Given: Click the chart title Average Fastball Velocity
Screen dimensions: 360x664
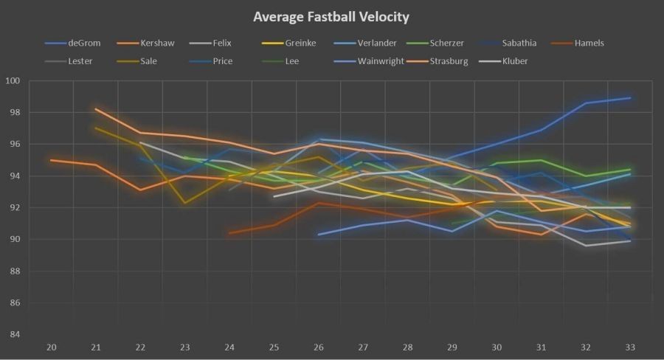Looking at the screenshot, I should [x=331, y=16].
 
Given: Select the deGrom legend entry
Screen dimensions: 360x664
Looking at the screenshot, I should [x=83, y=43].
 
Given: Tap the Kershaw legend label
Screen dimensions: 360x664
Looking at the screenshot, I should [x=157, y=43].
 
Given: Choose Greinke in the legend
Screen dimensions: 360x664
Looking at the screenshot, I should [x=300, y=43].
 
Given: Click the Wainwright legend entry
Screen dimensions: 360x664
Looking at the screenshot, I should [x=378, y=61].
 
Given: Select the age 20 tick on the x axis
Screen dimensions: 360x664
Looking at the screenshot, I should [x=51, y=347].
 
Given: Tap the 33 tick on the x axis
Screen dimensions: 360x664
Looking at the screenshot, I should [x=629, y=347].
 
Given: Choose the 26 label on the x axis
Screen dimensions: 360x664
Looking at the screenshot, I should [x=318, y=347].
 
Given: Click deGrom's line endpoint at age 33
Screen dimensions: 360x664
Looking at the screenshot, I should [x=629, y=98].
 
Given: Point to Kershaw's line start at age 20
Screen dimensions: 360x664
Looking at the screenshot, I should [x=51, y=160].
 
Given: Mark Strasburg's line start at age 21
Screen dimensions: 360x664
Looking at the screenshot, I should [x=96, y=109].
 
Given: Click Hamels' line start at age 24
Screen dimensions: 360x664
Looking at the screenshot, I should [x=229, y=233].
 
